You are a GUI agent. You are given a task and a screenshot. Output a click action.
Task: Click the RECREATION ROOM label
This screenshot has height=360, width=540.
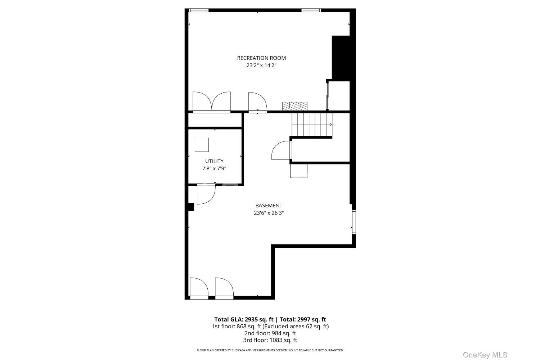pos(261,58)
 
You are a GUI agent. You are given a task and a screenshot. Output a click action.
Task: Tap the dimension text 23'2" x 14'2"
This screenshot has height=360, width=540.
pos(261,65)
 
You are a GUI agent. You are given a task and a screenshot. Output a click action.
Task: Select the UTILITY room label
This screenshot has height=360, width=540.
pos(214,161)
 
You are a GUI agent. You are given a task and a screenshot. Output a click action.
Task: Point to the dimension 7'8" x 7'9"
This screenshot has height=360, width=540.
pos(214,168)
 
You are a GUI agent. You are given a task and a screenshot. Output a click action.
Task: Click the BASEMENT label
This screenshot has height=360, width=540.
pos(269,206)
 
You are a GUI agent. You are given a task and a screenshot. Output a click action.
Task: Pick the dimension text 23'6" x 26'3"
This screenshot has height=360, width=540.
pos(269,213)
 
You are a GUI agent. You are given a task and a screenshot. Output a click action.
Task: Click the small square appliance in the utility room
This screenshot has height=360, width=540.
pos(202,145)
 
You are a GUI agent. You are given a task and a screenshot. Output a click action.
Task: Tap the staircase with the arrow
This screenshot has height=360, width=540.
pos(312,125)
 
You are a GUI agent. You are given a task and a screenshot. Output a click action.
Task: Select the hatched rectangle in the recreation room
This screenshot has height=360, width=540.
pos(295,106)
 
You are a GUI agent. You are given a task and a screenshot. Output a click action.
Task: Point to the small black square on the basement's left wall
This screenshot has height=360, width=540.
pos(191,207)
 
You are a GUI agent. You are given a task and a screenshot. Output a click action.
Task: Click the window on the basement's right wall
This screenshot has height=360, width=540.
pos(354,222)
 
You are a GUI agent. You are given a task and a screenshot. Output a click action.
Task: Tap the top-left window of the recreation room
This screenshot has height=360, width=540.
pos(198,10)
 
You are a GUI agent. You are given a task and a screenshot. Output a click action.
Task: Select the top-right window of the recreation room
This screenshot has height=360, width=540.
pos(311,10)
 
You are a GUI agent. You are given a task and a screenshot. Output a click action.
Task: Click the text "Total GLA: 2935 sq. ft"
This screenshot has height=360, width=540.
pos(244,319)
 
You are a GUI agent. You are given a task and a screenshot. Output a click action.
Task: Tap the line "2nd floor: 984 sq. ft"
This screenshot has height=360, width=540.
pos(270,333)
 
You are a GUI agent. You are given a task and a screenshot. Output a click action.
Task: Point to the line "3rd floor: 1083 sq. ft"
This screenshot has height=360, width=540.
pos(270,340)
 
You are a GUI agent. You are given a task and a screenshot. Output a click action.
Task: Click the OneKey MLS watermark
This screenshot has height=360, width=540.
pos(485,355)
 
